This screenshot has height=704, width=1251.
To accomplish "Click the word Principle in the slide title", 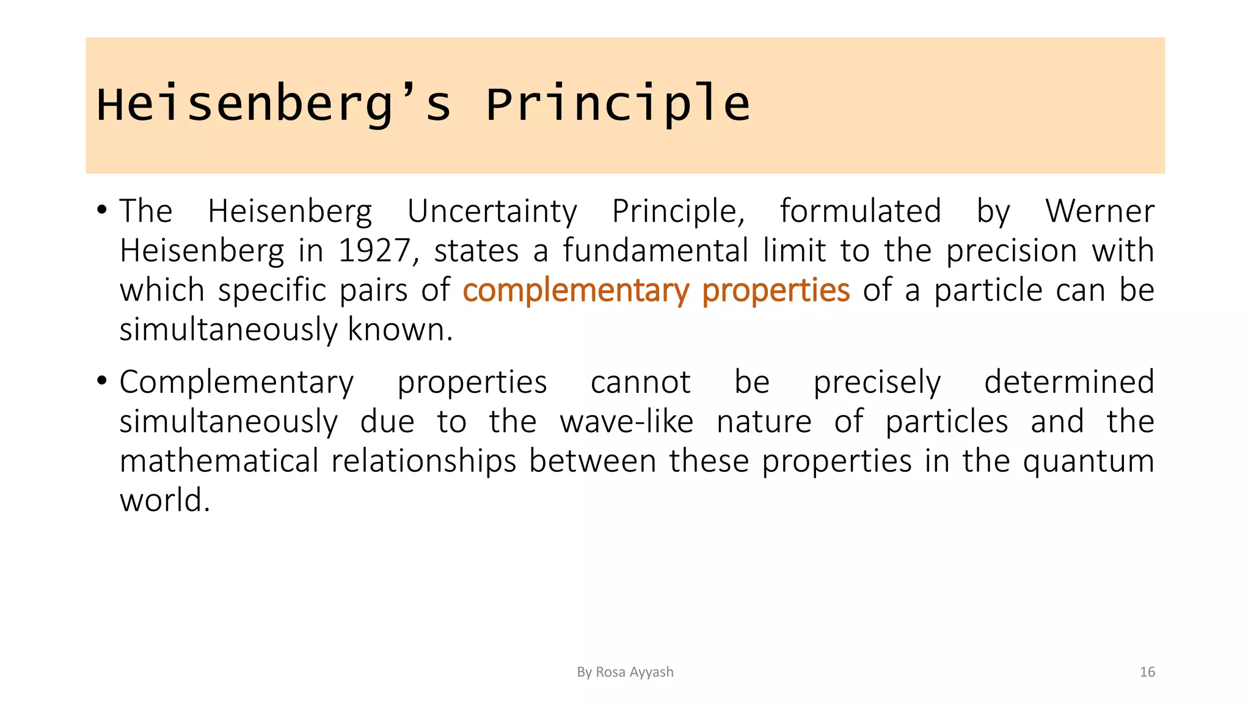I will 617,105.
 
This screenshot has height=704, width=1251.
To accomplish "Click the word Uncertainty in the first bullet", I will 492,211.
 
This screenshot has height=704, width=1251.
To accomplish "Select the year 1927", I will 374,251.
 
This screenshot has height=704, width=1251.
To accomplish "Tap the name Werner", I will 1099,211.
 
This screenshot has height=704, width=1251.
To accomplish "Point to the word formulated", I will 860,211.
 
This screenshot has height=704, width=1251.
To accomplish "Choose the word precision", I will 1011,251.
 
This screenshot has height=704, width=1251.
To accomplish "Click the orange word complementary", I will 575,290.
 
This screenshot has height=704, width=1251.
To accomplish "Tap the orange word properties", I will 775,290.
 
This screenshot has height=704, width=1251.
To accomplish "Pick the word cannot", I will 640,383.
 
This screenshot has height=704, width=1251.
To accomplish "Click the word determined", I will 1068,383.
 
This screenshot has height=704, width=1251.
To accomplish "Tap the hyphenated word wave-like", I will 626,422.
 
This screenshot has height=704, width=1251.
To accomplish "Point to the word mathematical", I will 219,461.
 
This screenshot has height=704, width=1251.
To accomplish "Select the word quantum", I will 1088,462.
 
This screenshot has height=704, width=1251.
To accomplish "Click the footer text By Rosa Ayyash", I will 625,672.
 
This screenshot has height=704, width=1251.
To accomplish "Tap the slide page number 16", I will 1147,672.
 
